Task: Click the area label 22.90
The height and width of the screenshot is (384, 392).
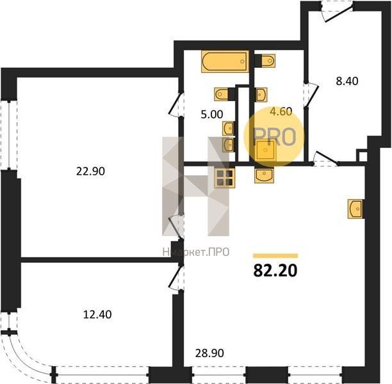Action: (90, 172)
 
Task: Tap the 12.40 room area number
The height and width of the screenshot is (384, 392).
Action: (97, 314)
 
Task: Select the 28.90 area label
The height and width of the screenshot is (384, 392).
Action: (209, 353)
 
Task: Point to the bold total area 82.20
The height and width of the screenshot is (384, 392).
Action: (275, 271)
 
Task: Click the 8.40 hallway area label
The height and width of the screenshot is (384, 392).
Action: (347, 81)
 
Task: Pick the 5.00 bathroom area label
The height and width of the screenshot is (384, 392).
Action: (212, 115)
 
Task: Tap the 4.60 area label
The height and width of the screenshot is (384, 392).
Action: (281, 111)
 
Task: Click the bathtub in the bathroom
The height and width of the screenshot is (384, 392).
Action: (225, 61)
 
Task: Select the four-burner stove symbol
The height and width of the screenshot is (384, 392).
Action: (225, 178)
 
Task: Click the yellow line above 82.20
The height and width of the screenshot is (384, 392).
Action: (275, 255)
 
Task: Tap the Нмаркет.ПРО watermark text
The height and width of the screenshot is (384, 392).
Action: (196, 252)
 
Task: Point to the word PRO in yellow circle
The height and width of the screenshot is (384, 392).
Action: (275, 136)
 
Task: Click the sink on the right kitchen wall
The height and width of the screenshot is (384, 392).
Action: (355, 209)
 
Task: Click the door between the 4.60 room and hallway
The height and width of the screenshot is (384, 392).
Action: (311, 95)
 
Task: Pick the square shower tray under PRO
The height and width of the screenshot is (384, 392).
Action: (266, 150)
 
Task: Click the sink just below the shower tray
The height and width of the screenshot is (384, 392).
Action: (265, 175)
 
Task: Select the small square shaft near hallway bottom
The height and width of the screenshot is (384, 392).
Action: (362, 156)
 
